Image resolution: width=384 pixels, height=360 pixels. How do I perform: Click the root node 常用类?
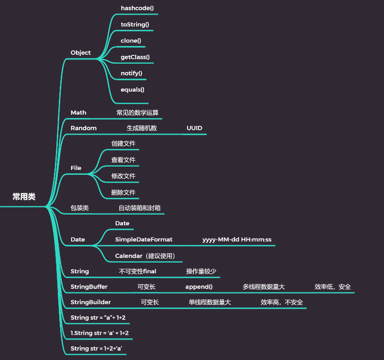coord(24,196)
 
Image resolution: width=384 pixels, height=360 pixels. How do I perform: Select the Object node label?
coord(80,52)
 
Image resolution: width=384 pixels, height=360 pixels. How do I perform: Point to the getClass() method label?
coord(135,57)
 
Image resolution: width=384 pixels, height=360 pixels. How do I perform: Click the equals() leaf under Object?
coord(132,89)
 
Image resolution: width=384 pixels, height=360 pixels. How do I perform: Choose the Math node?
coord(78,112)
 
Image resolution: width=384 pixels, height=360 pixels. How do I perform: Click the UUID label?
coord(194,128)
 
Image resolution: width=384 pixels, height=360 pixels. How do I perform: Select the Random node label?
coord(83,128)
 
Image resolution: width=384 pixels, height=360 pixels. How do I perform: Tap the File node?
coord(76,168)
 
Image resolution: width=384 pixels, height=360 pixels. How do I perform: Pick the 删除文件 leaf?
coord(123,192)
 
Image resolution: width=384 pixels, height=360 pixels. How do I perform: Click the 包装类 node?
coord(79,208)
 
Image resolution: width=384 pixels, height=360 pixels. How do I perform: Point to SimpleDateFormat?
coord(144,240)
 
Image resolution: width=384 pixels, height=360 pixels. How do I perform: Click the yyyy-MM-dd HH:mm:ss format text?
coord(237,240)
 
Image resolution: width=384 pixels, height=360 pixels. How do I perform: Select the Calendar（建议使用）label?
coord(145,256)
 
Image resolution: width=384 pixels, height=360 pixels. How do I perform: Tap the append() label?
coord(199,287)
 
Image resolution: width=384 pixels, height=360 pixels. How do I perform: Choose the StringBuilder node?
coord(91,302)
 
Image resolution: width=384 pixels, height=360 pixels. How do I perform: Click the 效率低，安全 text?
coord(333,287)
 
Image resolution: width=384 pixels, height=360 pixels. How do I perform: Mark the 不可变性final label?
coord(137,271)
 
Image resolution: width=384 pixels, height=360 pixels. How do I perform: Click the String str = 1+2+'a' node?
coord(96,348)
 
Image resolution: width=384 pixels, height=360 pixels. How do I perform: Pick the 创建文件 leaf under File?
coord(123,144)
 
